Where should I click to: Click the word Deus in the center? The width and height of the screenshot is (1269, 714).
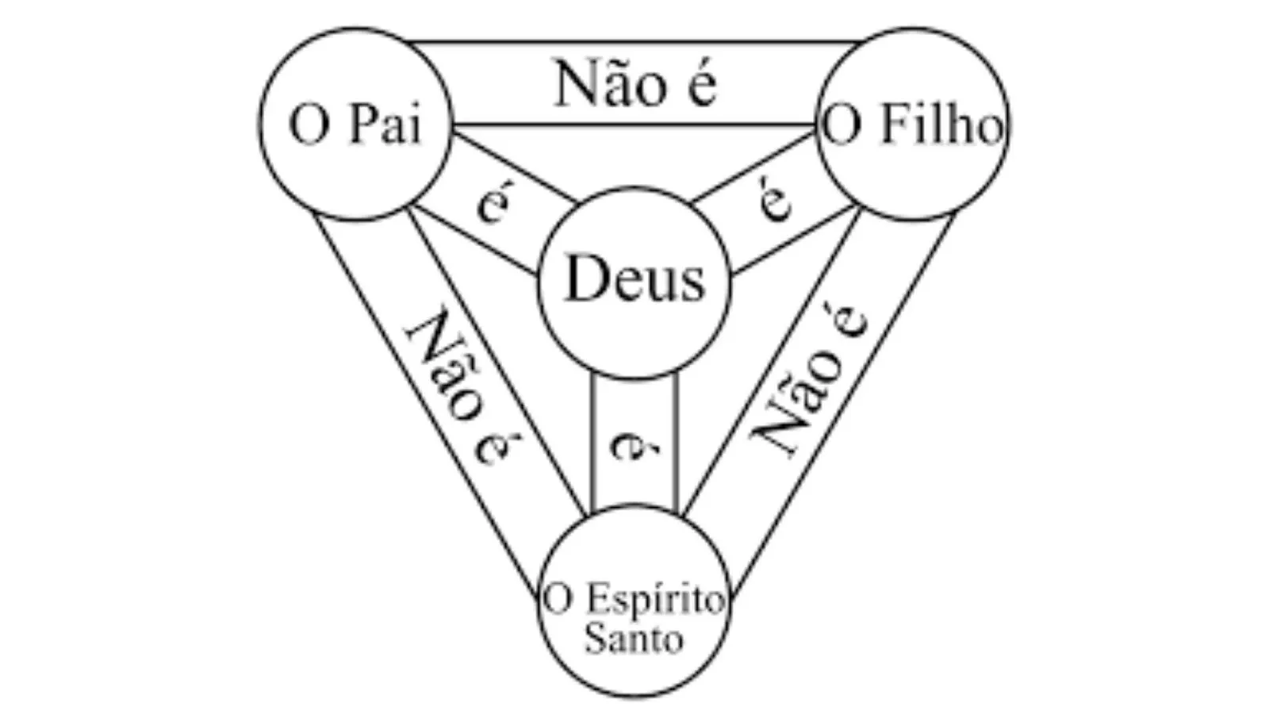pyautogui.click(x=634, y=280)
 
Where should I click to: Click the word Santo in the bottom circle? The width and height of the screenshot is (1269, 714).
pyautogui.click(x=634, y=639)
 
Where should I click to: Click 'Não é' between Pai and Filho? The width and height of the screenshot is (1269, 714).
pyautogui.click(x=635, y=84)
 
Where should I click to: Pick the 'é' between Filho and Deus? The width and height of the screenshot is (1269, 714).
pyautogui.click(x=776, y=198)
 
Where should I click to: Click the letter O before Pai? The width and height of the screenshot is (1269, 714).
pyautogui.click(x=309, y=126)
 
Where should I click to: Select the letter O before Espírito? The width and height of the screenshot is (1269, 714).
pyautogui.click(x=557, y=601)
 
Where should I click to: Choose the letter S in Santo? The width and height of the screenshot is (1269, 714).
pyautogui.click(x=594, y=639)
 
